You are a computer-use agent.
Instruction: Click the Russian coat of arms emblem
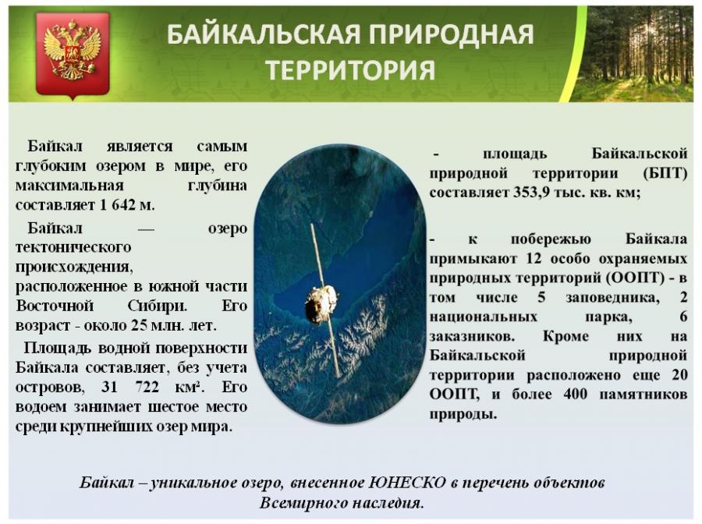(x=73, y=54)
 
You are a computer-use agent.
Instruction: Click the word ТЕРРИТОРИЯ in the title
(x=350, y=70)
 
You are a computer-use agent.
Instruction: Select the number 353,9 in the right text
(x=531, y=193)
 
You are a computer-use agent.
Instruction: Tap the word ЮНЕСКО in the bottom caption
(x=407, y=483)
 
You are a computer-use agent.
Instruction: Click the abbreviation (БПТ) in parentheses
(x=665, y=173)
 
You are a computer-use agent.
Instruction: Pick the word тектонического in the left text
(x=73, y=247)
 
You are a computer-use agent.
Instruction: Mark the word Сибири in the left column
(x=157, y=306)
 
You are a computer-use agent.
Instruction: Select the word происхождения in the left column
(x=74, y=267)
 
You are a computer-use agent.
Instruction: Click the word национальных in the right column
(x=483, y=317)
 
